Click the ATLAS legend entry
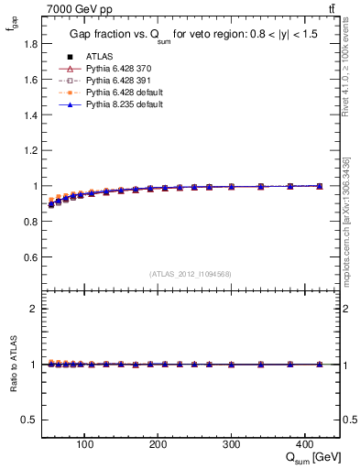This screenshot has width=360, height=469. [x=99, y=56]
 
